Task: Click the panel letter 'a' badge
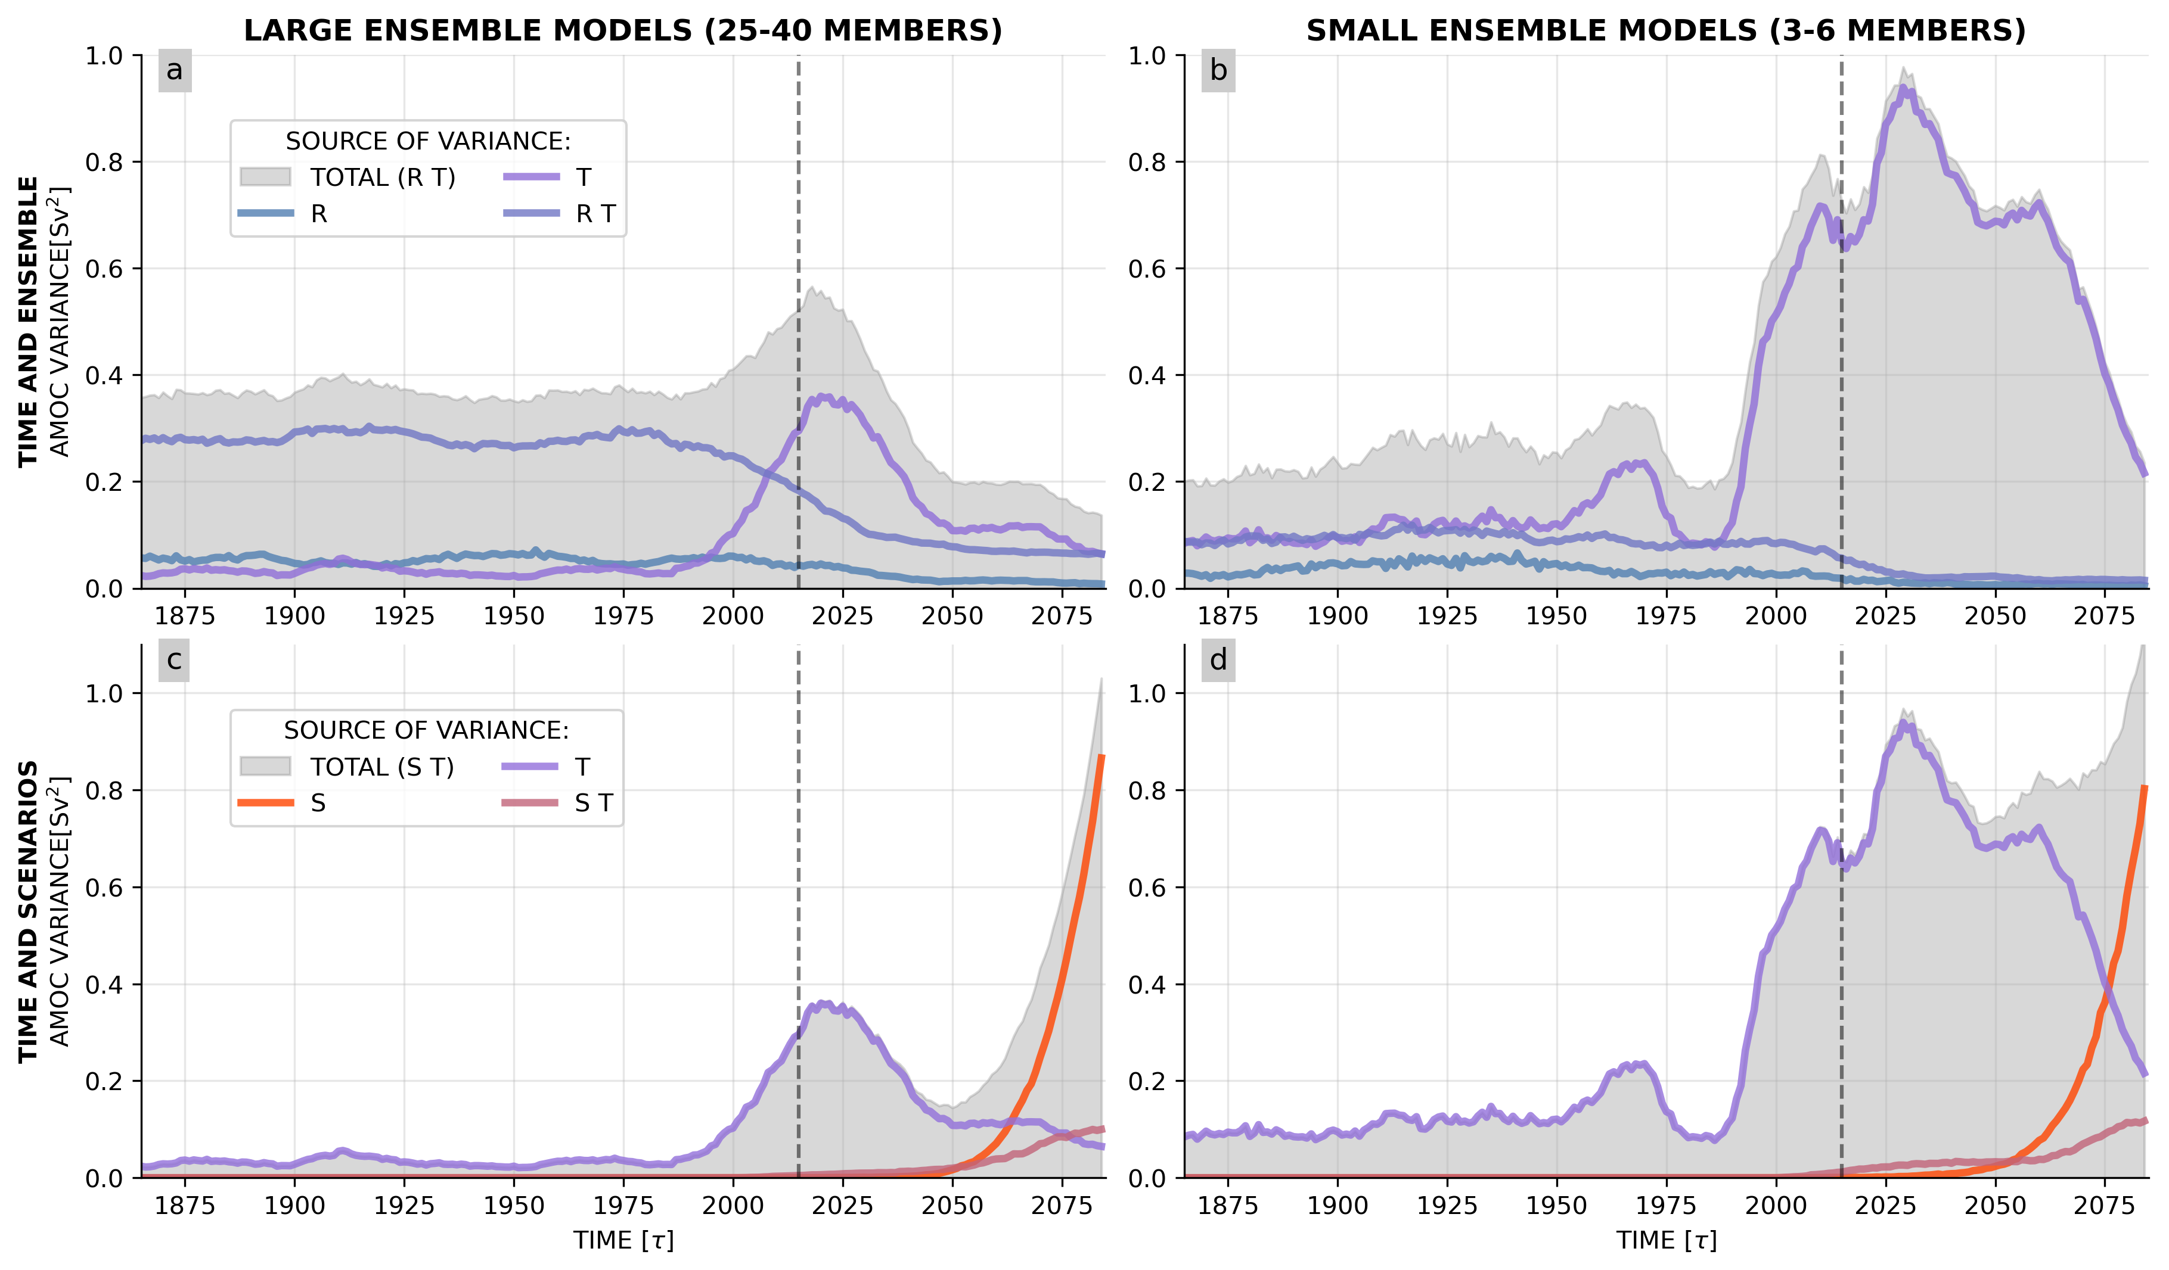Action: coord(175,70)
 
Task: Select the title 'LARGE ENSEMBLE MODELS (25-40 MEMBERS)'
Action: coord(623,31)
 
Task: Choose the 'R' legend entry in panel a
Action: coord(318,213)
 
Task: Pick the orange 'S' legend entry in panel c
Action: coord(318,803)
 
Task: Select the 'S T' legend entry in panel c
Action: coord(593,803)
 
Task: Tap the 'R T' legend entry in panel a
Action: coord(595,213)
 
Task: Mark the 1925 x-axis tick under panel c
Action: coord(405,1206)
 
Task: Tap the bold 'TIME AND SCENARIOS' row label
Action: coord(29,911)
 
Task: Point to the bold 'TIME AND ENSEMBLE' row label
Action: coord(29,322)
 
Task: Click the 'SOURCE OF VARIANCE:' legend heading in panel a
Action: coord(428,141)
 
